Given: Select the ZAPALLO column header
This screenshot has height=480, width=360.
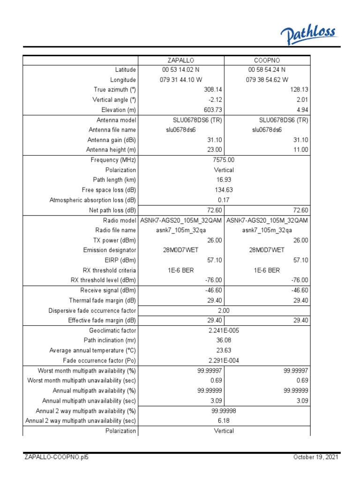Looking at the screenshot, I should coord(181,60).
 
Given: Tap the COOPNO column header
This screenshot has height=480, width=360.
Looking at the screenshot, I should coord(267,60).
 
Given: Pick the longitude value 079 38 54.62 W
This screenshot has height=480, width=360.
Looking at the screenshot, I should coord(267,80).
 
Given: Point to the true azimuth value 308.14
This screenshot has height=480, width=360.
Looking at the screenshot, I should coord(212,90).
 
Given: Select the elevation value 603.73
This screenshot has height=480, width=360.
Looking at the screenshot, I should coord(212,110).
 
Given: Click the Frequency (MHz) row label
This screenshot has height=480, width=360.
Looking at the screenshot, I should coord(113,160).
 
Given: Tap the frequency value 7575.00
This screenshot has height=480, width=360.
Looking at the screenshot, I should coord(224,160).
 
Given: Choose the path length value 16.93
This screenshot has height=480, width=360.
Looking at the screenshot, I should coord(224,180).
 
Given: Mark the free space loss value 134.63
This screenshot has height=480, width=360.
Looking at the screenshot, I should coord(224,190).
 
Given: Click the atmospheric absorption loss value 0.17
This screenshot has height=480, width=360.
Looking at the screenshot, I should coord(224,200).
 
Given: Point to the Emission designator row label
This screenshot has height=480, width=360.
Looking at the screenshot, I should coord(110,250).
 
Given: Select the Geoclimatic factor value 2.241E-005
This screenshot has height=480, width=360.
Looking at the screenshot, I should coord(224,330).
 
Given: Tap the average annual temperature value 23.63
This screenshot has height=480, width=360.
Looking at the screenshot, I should coord(224,351).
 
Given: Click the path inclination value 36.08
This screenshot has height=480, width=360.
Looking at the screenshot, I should coord(224,340).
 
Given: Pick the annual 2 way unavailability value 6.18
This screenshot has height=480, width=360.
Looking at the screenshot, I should coord(224,421).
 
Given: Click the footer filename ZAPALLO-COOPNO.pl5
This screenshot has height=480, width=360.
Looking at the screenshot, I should coord(56,457).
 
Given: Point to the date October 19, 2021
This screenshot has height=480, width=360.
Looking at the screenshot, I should coord(316,457).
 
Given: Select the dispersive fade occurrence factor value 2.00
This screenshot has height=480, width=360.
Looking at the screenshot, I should coord(224,310).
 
